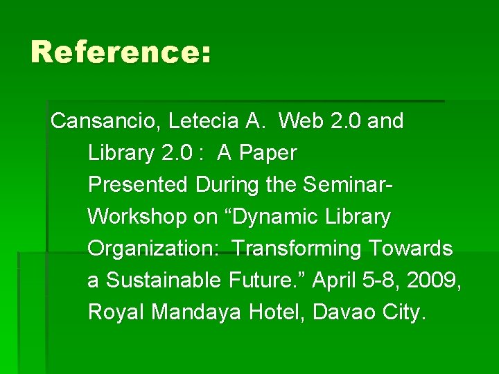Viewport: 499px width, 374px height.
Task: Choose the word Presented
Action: (138, 186)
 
